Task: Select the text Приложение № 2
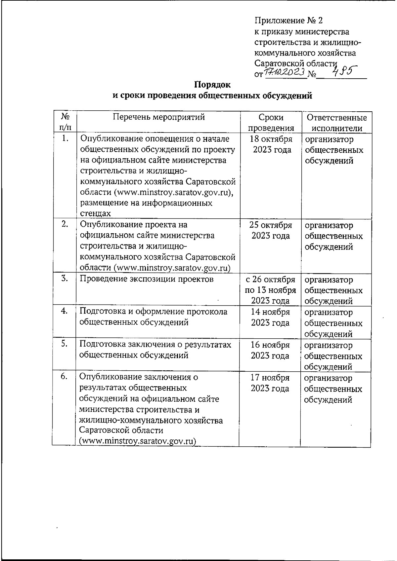[288, 21]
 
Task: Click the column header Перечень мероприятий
[158, 117]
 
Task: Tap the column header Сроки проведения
[271, 123]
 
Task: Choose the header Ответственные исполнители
[336, 123]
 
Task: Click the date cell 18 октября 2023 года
[271, 144]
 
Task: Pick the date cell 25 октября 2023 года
[271, 230]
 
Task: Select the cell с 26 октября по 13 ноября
[270, 290]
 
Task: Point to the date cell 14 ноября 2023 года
[270, 317]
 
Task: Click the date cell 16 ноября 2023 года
[270, 350]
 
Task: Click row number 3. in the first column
[65, 279]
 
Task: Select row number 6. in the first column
[64, 377]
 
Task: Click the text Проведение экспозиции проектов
[147, 279]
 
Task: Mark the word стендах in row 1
[95, 213]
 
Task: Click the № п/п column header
[65, 122]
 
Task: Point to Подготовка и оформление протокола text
[154, 312]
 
